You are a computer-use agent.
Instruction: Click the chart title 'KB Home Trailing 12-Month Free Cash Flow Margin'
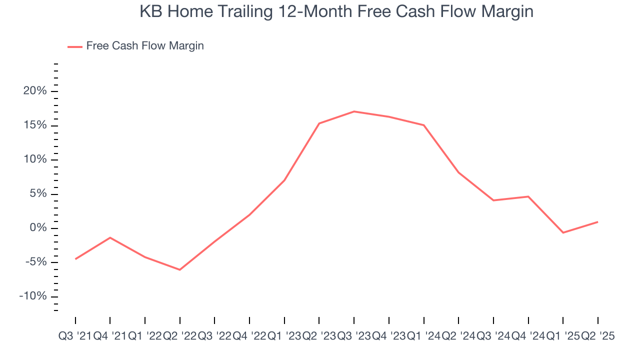(x=336, y=11)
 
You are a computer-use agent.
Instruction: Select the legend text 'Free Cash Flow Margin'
(x=145, y=46)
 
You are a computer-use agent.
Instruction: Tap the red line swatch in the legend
(x=75, y=46)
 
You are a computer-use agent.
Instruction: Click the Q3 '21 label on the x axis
(x=75, y=336)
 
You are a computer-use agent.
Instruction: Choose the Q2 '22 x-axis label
(x=179, y=336)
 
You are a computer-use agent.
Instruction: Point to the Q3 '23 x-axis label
(x=354, y=336)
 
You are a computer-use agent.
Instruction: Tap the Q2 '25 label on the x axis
(x=597, y=336)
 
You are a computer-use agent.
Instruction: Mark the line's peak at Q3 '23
(x=354, y=111)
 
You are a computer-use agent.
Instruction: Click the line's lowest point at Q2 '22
(x=179, y=269)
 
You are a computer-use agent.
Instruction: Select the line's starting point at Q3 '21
(x=75, y=259)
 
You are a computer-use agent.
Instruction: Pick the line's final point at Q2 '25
(x=597, y=222)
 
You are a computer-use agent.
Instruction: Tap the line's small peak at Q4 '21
(x=110, y=237)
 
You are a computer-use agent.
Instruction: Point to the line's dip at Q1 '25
(x=563, y=232)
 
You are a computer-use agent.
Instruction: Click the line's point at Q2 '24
(x=458, y=172)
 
